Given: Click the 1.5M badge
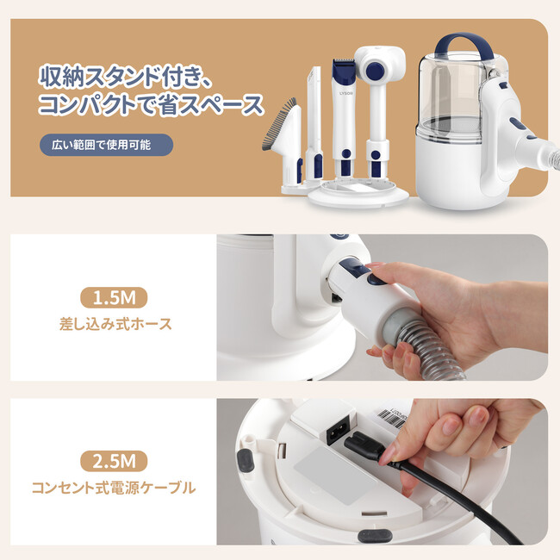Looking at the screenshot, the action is tap(114, 297).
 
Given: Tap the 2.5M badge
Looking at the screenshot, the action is tap(114, 461).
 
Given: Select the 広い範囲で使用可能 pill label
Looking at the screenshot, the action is tap(106, 145).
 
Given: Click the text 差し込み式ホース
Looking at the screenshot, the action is tap(115, 324).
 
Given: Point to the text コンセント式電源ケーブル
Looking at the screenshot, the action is tap(114, 488).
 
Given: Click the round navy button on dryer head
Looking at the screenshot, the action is tap(375, 69).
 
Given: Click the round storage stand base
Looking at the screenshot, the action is tap(358, 195).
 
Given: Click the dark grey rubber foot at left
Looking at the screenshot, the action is tap(246, 461).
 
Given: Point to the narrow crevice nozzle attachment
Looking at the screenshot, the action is tap(314, 125).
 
